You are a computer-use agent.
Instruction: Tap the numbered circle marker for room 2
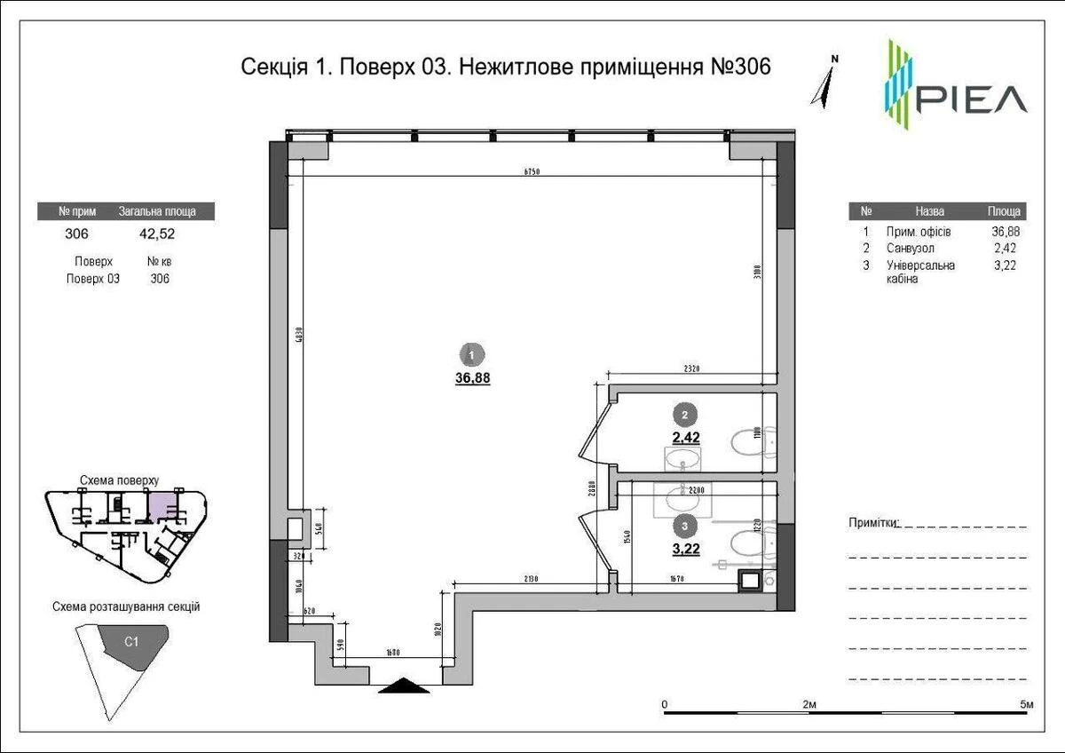coord(684,414)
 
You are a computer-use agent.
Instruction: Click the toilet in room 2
coord(753,439)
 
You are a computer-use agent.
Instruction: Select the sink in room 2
coord(682,460)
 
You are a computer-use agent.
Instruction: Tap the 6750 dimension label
coord(532,171)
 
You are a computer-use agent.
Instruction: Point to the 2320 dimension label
coord(692,368)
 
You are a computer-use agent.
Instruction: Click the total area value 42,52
coord(156,234)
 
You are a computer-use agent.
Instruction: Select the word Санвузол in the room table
coord(910,249)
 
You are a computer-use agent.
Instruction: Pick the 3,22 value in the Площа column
coord(1006,266)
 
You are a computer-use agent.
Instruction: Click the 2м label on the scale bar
coord(809,704)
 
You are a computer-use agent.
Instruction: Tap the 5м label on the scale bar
coord(1027,704)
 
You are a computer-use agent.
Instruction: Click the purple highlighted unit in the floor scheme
coord(160,507)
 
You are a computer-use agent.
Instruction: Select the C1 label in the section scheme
coord(130,640)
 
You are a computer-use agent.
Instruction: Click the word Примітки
coord(873,523)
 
